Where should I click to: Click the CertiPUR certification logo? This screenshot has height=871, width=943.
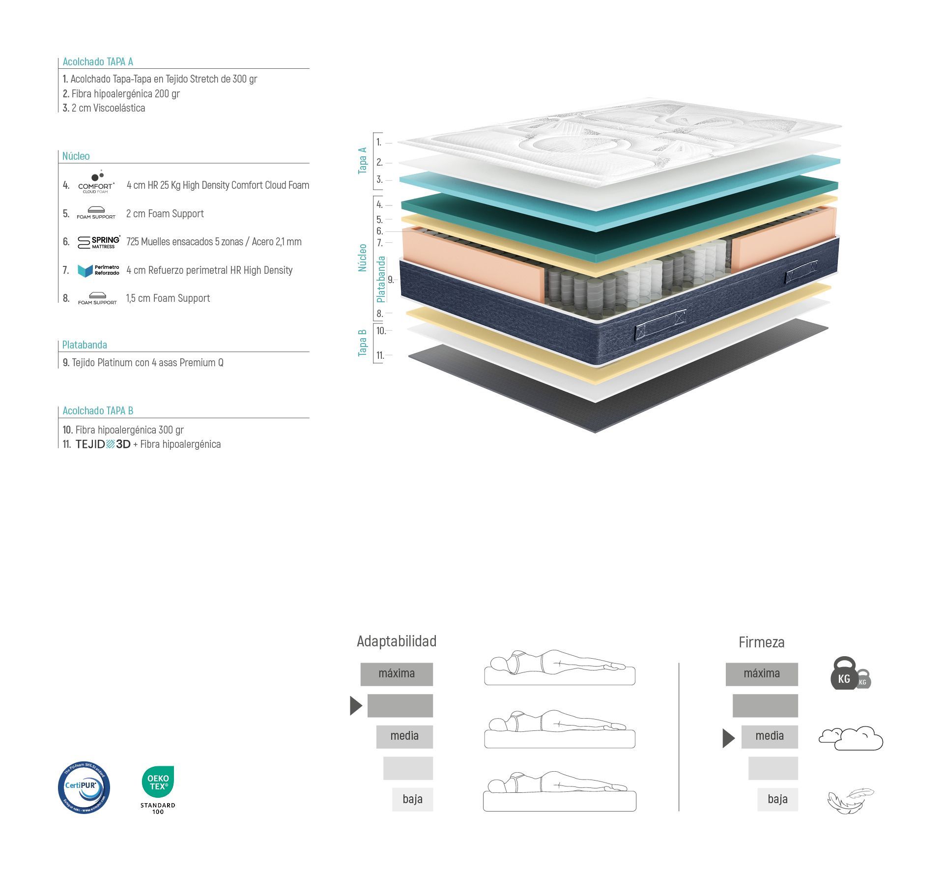click(84, 787)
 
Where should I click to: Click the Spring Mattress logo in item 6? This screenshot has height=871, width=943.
click(99, 241)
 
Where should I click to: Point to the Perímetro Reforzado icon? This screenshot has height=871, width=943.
click(98, 270)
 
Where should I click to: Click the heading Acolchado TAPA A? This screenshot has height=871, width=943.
click(98, 61)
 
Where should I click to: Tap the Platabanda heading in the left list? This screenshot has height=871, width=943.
click(85, 345)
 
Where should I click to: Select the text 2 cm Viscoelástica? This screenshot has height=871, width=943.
click(108, 108)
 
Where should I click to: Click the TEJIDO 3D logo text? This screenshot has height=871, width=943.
click(103, 444)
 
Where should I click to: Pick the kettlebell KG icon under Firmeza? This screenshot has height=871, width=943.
click(850, 674)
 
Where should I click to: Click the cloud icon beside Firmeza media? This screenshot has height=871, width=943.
click(851, 738)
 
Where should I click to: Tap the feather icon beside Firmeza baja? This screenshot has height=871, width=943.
click(851, 801)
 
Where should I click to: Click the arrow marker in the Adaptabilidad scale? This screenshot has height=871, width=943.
click(356, 705)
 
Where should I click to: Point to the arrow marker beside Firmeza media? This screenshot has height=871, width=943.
click(728, 738)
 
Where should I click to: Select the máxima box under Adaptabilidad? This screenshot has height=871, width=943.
click(397, 674)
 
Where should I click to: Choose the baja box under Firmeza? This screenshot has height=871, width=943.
click(777, 799)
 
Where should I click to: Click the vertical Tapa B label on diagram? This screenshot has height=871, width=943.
click(363, 343)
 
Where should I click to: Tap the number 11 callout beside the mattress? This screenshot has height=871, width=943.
click(380, 355)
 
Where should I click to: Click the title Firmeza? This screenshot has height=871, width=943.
click(761, 642)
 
